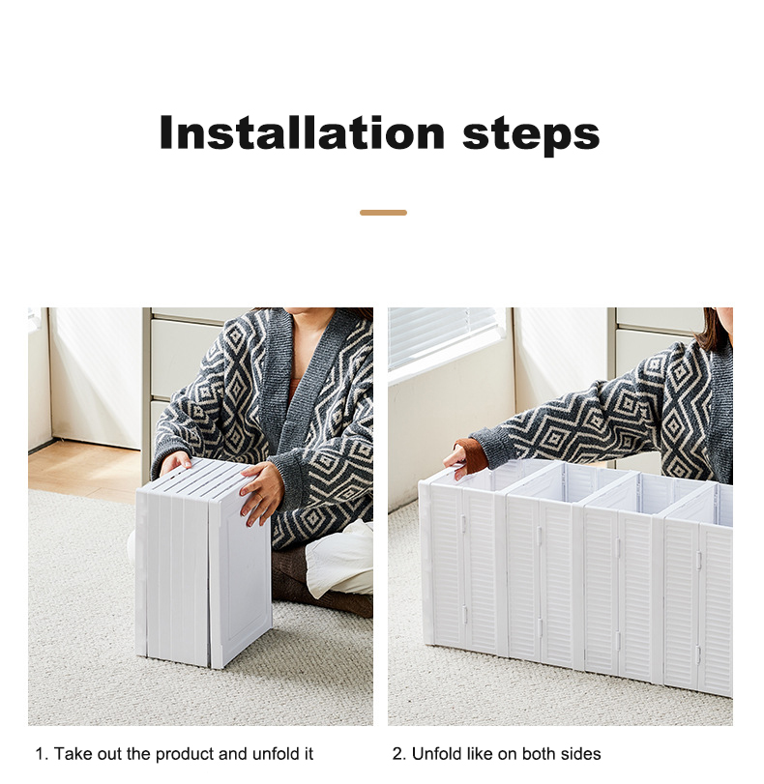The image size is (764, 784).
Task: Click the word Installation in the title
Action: (302, 132)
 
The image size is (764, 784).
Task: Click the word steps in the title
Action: (531, 134)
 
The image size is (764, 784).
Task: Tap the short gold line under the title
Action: (383, 213)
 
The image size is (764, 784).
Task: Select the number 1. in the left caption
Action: (42, 754)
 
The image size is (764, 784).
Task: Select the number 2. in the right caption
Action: (398, 754)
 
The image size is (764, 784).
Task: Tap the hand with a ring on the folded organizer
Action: (261, 491)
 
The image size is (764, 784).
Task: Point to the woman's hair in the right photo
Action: (715, 329)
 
